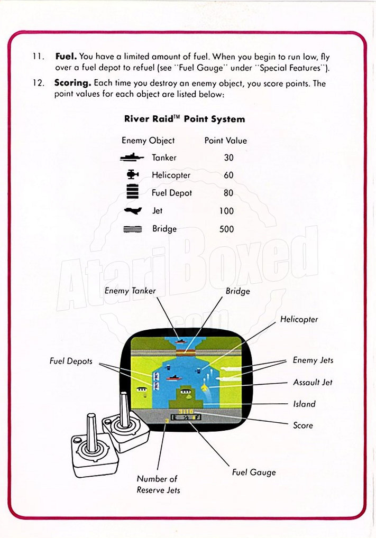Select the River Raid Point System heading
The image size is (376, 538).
(185, 119)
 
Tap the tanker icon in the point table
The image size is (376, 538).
(132, 157)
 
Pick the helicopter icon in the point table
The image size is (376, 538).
(132, 175)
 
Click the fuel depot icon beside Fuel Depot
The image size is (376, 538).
(132, 192)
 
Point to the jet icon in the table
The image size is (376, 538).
(132, 210)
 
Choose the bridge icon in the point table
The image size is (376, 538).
(132, 229)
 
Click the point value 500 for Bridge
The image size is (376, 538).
(226, 229)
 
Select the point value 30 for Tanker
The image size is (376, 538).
(228, 157)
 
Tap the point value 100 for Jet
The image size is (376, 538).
(226, 211)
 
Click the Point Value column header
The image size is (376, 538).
(225, 141)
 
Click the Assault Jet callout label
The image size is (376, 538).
(313, 382)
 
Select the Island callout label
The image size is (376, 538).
(304, 404)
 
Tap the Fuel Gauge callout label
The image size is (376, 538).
(254, 472)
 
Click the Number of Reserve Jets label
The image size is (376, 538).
(158, 485)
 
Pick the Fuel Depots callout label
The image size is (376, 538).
(71, 361)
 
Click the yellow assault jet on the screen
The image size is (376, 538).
(204, 389)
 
